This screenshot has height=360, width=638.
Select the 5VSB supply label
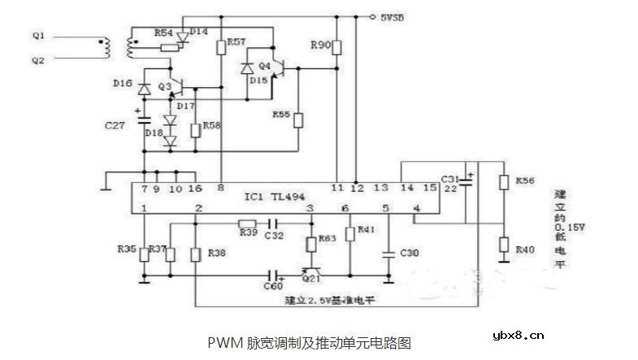(395, 15)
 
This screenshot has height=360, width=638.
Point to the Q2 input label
(38, 59)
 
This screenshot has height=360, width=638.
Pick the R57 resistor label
(237, 41)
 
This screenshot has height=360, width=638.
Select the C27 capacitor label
(116, 127)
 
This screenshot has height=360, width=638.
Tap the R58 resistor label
(211, 127)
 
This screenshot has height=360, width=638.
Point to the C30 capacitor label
(410, 254)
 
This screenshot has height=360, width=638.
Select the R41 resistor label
(366, 231)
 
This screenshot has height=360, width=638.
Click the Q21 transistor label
(312, 278)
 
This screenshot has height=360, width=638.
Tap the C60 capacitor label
(273, 285)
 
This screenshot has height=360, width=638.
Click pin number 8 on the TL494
(222, 189)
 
